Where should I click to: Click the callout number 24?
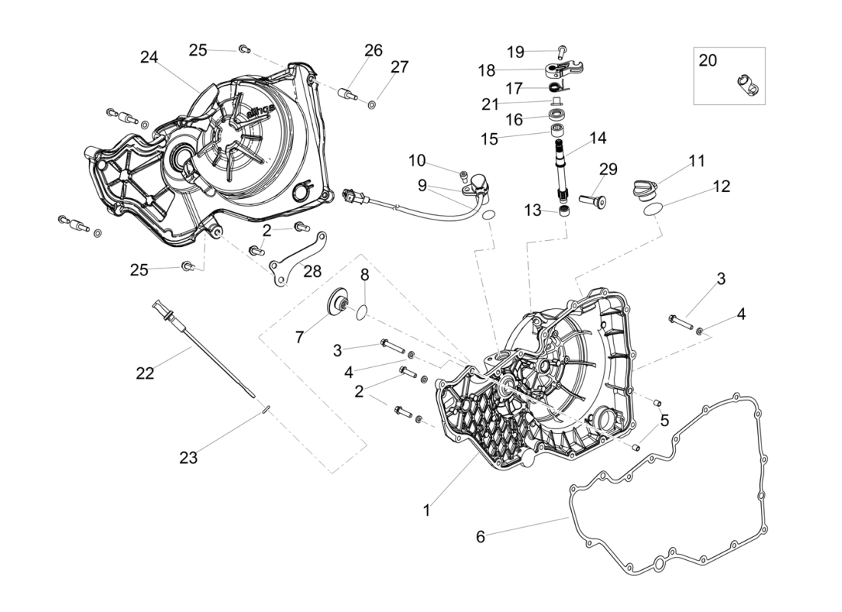click(149, 57)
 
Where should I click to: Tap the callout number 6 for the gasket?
click(481, 536)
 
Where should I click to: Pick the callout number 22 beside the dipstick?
click(145, 373)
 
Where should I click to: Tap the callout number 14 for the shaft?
click(598, 138)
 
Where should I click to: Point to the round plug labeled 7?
click(338, 303)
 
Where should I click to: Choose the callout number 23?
click(188, 457)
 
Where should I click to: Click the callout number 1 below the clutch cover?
click(426, 510)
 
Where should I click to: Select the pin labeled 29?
click(592, 201)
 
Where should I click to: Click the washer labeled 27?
click(371, 103)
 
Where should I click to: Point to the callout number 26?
click(374, 50)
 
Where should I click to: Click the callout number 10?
click(416, 161)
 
